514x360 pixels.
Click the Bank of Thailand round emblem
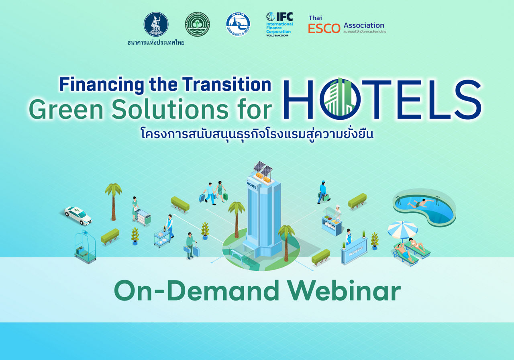pos(156,24)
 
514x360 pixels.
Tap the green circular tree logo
pos(197,24)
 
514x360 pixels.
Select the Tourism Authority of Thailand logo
pos(238,24)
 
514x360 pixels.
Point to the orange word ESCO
pos(324,29)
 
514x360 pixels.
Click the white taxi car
pos(78,215)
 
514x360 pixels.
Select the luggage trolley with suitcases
pos(85,247)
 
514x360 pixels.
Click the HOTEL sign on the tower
pos(252,185)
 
